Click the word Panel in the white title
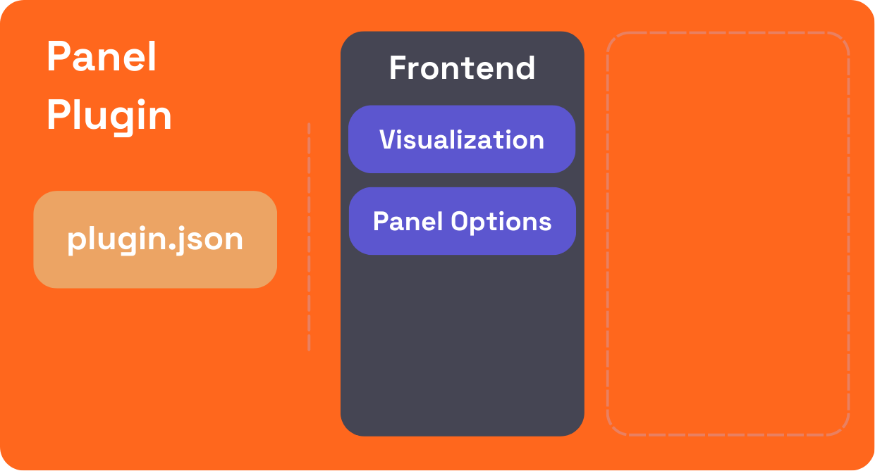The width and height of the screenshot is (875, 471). coord(102,57)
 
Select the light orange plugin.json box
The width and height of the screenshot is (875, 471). coord(155,239)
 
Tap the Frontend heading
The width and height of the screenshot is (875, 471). coord(462,68)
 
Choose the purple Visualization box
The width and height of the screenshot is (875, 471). coord(462,139)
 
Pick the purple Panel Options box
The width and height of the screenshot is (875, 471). coord(462,221)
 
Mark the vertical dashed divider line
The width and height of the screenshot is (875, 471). coord(309,237)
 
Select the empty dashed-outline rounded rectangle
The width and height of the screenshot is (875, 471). coord(728,234)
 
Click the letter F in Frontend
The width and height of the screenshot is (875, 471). coord(398,68)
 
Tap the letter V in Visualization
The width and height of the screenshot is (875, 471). coord(387,139)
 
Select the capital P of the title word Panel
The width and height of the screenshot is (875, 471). coord(57,57)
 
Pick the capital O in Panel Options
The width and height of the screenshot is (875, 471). coord(460,221)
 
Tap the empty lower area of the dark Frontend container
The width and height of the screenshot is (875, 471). coord(462,345)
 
